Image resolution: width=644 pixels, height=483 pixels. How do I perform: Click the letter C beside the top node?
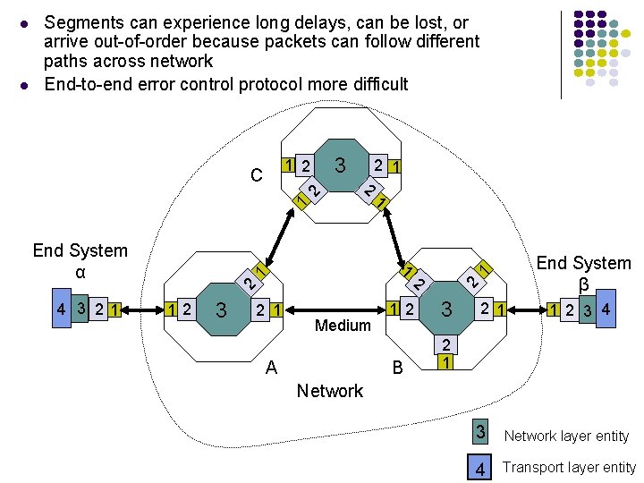coord(257,175)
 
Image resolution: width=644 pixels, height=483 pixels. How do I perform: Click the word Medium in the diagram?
coord(343,326)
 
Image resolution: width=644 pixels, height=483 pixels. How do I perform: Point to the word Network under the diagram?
coord(330,391)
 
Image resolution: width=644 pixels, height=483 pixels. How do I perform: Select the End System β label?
coord(583,273)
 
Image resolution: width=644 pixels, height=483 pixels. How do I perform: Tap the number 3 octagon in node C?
coord(339,165)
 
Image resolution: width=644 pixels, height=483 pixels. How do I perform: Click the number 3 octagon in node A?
coord(221,310)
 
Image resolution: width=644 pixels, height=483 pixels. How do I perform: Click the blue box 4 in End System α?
coord(61,309)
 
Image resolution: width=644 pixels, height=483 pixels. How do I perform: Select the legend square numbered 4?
coord(480,467)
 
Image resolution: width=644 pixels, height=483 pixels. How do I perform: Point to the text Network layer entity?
coord(566,436)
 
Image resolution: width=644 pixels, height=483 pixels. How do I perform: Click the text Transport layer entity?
coord(569,468)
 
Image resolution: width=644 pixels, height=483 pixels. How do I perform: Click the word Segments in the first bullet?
coord(84,22)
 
